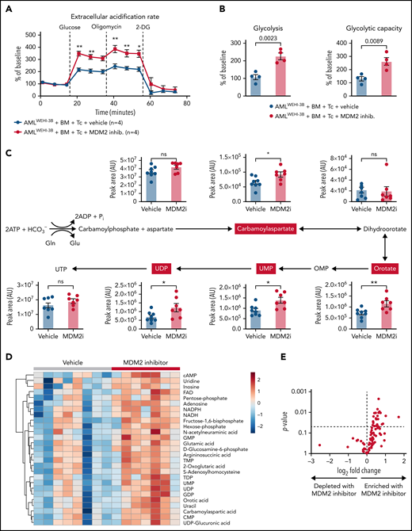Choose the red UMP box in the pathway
coord(265,269)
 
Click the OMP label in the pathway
coord(327,269)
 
